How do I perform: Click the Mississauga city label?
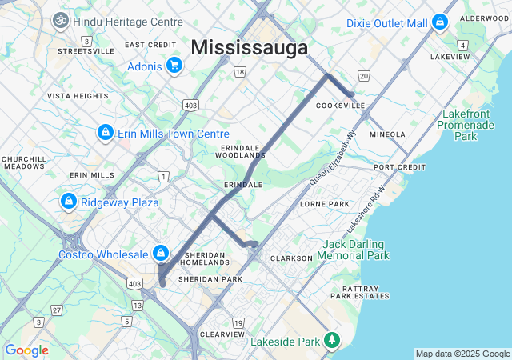[x=249, y=48]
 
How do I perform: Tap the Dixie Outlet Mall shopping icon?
[x=439, y=24]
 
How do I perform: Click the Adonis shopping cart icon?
[x=174, y=66]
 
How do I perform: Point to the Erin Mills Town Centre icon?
[x=105, y=133]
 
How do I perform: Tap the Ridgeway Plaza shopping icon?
[x=69, y=202]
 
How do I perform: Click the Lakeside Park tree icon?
[x=331, y=341]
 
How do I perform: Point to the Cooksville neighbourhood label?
[x=340, y=106]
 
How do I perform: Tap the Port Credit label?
[x=400, y=167]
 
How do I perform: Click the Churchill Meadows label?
[x=23, y=162]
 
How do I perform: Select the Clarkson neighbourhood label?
[x=291, y=258]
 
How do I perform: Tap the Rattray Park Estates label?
[x=365, y=292]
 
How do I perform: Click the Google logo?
[x=26, y=350]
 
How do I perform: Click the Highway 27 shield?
[x=56, y=310]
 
